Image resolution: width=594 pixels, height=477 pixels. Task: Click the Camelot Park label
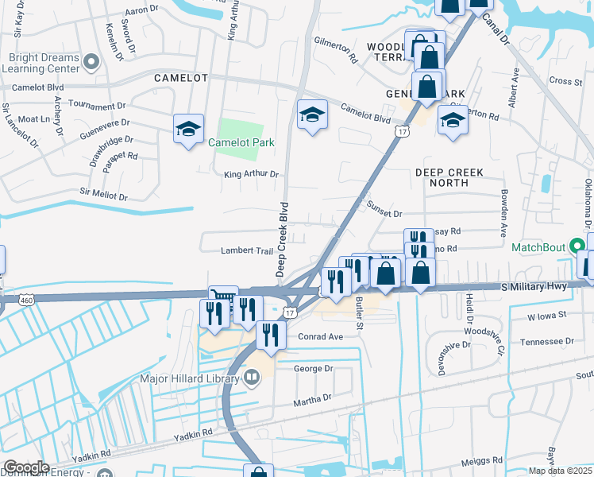point(241,143)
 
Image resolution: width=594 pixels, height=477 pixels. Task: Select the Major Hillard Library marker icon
point(252,379)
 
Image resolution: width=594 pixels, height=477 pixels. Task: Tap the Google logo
point(26,467)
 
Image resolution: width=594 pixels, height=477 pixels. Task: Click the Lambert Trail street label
point(247,251)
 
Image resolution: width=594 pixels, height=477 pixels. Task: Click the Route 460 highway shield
point(2,301)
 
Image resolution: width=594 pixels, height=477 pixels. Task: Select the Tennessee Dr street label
point(546,341)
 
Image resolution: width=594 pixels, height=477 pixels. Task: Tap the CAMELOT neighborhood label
point(181,78)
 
